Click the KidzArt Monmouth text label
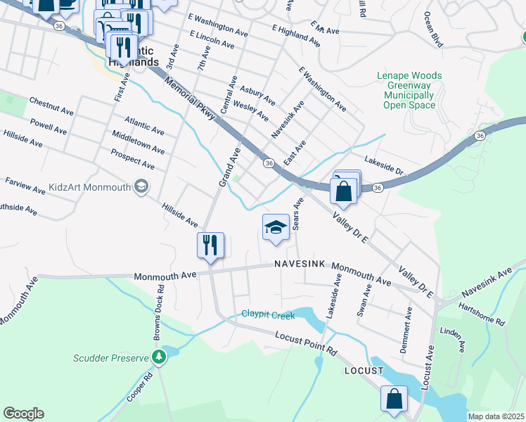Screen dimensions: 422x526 pos(90,188)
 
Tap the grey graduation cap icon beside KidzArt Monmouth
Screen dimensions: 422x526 pos(142,186)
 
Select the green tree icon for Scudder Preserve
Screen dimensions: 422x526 pos(160,357)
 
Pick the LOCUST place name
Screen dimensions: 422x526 pos(364,370)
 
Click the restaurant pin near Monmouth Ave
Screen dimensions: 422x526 pos(210,245)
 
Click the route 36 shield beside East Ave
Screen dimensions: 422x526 pos(269,163)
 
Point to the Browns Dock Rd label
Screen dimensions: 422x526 pos(160,307)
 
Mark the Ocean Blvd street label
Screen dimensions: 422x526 pos(435,30)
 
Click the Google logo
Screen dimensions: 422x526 pos(23,414)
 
